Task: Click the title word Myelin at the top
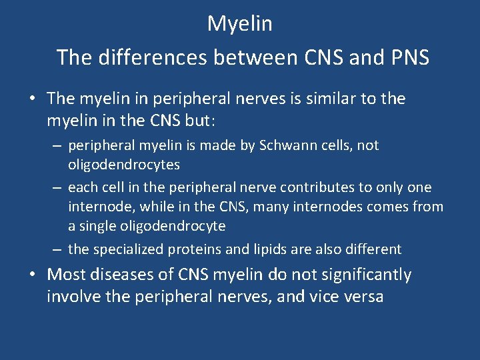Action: point(240,24)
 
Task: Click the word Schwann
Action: point(304,145)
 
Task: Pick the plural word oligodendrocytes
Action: point(124,164)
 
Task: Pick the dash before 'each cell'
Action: point(58,187)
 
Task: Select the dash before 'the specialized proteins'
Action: point(58,249)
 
